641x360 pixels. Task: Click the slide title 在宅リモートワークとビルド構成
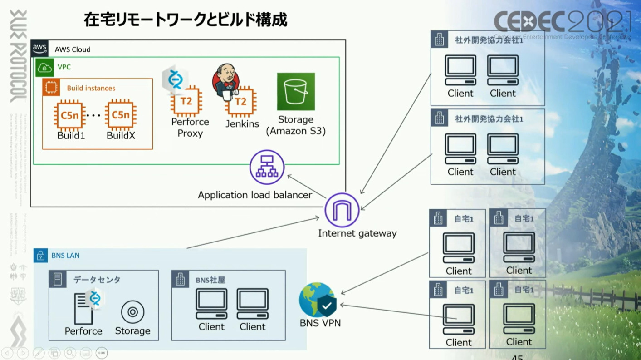coord(185,20)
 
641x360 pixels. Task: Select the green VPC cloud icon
coord(44,67)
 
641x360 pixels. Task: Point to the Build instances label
coord(91,88)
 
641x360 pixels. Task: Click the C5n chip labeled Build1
coord(70,116)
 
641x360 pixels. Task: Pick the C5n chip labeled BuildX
coord(121,116)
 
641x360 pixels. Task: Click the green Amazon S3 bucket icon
coord(296,91)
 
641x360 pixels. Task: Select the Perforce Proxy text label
coord(190,128)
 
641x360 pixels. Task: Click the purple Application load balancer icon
coord(267,168)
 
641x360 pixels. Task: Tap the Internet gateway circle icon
coord(342,210)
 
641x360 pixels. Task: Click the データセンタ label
coord(97,280)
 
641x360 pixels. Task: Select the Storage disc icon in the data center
coord(132,312)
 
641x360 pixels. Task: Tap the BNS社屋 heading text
coord(210,280)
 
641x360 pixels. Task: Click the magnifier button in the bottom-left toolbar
coord(70,353)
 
